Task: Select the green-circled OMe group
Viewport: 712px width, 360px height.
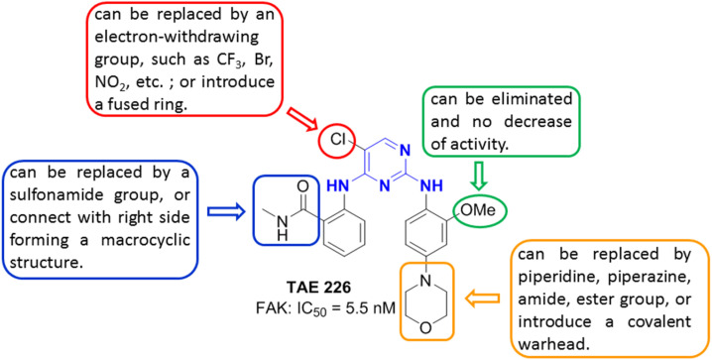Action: tap(480, 209)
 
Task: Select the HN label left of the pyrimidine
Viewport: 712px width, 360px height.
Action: tap(338, 183)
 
